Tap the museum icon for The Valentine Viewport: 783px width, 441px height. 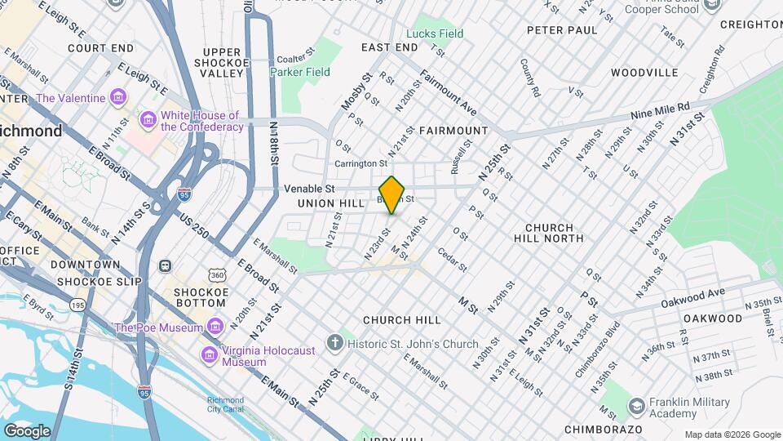click(x=119, y=98)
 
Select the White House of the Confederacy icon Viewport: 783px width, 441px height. click(x=148, y=121)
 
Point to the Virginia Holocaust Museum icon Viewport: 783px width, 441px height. click(x=210, y=355)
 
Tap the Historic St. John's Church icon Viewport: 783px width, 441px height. click(x=334, y=343)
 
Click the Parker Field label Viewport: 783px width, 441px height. click(x=300, y=72)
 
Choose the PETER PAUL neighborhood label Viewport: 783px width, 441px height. click(x=562, y=30)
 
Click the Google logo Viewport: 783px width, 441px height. click(x=27, y=430)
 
